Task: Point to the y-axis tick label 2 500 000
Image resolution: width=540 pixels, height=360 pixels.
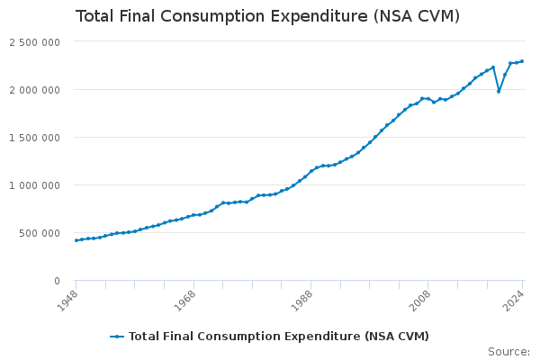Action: click(x=34, y=42)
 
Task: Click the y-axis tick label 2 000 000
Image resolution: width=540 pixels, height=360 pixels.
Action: click(x=34, y=90)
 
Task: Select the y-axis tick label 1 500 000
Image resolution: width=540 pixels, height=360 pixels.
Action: click(x=34, y=138)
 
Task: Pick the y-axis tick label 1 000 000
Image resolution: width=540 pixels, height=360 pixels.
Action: click(x=34, y=185)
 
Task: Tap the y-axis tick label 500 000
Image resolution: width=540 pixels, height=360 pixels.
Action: click(x=40, y=233)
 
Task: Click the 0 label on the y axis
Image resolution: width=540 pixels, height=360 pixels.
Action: click(x=56, y=281)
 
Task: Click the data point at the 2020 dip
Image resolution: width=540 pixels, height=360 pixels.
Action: click(x=499, y=91)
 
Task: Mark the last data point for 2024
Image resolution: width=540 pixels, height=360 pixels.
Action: click(x=522, y=61)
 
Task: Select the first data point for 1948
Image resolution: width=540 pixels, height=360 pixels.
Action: click(x=76, y=240)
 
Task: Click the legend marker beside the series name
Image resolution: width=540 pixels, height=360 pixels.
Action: click(x=117, y=337)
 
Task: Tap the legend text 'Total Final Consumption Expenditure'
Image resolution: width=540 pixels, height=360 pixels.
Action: click(x=244, y=337)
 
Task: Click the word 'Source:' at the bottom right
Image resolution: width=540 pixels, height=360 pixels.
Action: click(x=508, y=351)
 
